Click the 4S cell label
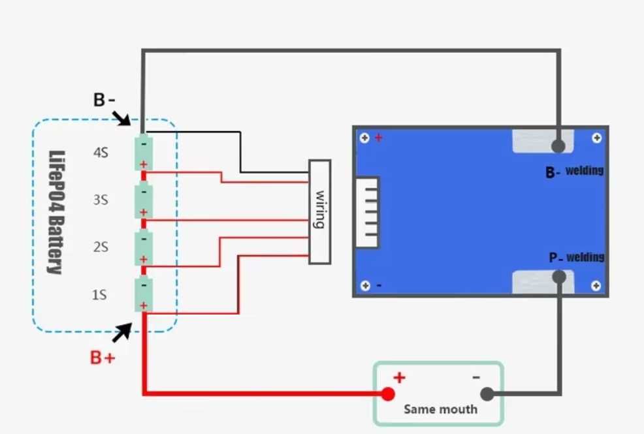click(x=101, y=153)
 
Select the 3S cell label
click(x=100, y=200)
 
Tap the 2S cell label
click(x=100, y=248)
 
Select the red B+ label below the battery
click(x=103, y=358)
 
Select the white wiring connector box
click(x=319, y=211)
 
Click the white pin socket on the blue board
click(x=367, y=211)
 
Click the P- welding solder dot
click(x=558, y=277)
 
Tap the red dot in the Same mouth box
click(x=388, y=394)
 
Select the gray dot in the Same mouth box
click(x=487, y=394)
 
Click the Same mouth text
click(x=440, y=410)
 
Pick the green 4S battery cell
click(x=144, y=153)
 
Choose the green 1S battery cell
click(x=144, y=295)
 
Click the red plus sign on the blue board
click(x=378, y=138)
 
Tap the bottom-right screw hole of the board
click(x=596, y=286)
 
